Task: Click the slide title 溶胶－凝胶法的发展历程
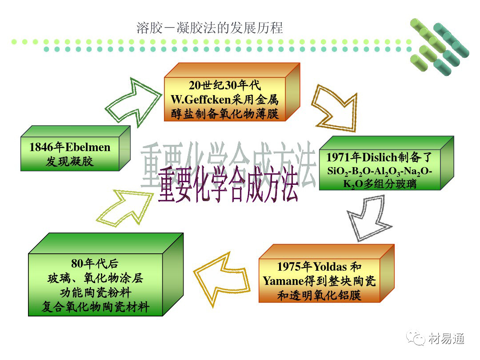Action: (209, 28)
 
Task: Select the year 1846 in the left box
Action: (41, 148)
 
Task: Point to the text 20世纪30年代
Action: (224, 86)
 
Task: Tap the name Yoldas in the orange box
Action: (331, 267)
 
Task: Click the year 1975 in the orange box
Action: (289, 267)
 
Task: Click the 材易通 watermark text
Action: (447, 339)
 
